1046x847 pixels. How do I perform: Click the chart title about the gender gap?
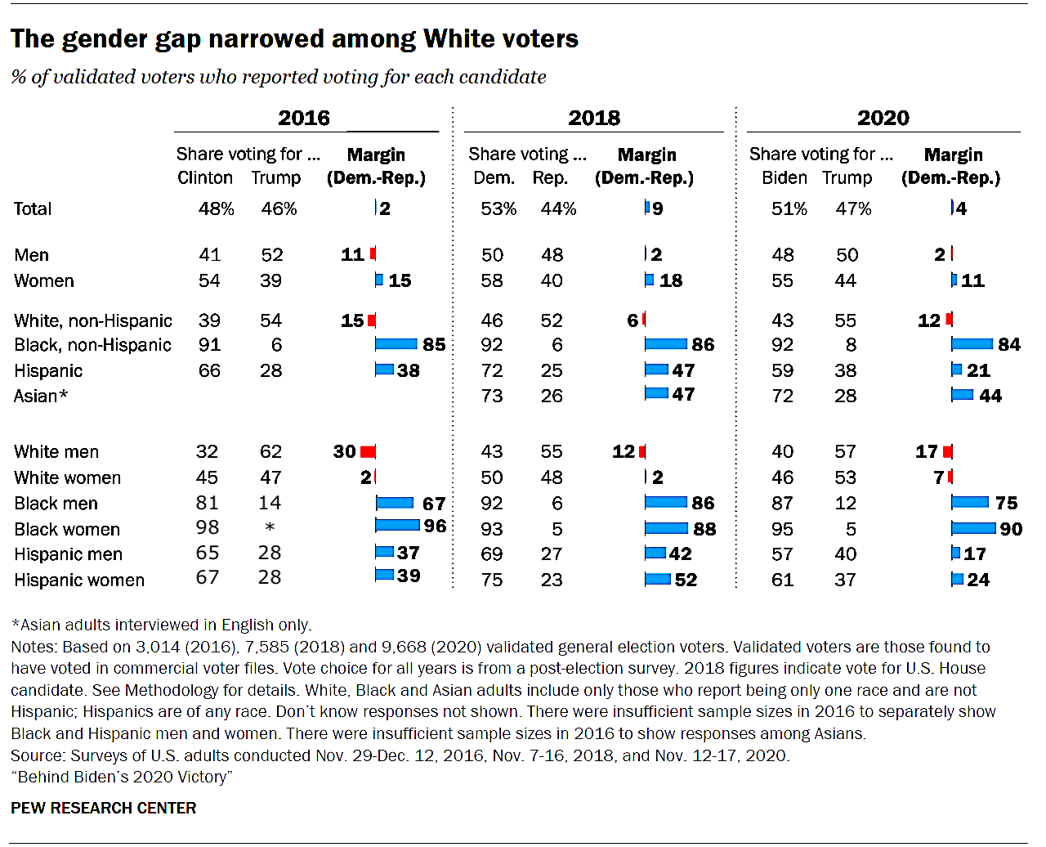(294, 38)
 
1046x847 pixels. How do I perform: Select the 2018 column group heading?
(594, 118)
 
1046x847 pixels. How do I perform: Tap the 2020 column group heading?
(883, 118)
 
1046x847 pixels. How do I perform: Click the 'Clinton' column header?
(205, 178)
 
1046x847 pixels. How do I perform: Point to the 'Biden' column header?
(784, 178)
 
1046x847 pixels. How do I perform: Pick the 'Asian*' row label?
(41, 397)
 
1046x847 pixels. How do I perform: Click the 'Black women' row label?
(67, 530)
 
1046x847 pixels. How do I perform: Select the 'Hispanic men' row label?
(68, 554)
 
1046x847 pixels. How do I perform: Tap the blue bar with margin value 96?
(397, 525)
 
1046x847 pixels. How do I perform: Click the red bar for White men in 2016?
(368, 451)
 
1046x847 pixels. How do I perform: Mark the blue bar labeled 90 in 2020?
(974, 528)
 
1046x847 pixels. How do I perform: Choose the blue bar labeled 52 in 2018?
(658, 580)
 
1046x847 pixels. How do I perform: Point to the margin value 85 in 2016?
(434, 345)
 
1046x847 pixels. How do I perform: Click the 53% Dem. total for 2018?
(498, 209)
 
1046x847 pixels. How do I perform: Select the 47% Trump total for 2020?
(853, 209)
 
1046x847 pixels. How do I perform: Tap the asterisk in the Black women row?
(270, 528)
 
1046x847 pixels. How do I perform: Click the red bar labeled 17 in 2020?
(948, 451)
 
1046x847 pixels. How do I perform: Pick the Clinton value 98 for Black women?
(208, 527)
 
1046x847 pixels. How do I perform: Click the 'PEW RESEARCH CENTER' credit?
(104, 809)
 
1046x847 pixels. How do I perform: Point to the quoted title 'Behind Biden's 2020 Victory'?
(122, 777)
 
